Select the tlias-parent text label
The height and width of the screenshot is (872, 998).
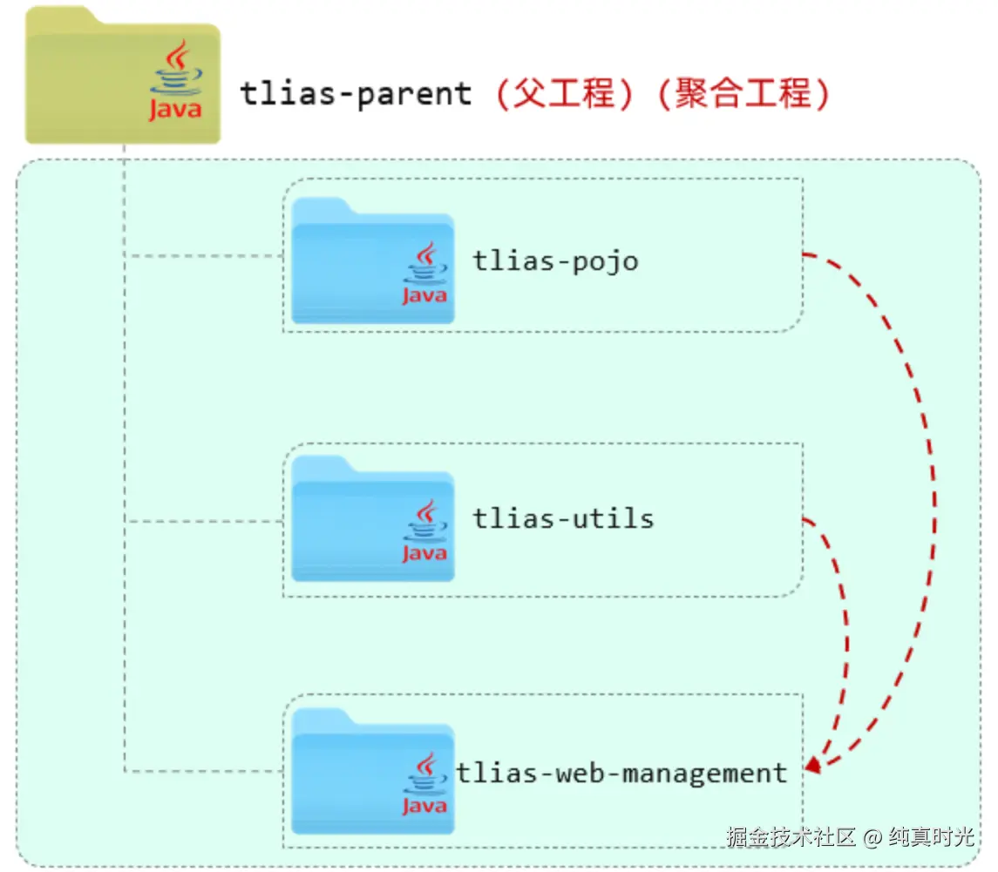click(356, 93)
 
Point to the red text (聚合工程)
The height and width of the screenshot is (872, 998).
click(741, 93)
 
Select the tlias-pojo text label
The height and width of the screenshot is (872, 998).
click(555, 260)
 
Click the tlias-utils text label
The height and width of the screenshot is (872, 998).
click(563, 518)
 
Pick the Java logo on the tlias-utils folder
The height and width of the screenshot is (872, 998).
click(424, 531)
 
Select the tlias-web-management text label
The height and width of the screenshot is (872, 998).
click(621, 773)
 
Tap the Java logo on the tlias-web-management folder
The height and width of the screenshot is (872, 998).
click(424, 784)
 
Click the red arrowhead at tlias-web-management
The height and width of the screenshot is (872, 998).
click(812, 766)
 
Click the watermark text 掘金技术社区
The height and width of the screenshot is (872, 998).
click(791, 837)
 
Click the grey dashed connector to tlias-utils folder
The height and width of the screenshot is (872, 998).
click(205, 522)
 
